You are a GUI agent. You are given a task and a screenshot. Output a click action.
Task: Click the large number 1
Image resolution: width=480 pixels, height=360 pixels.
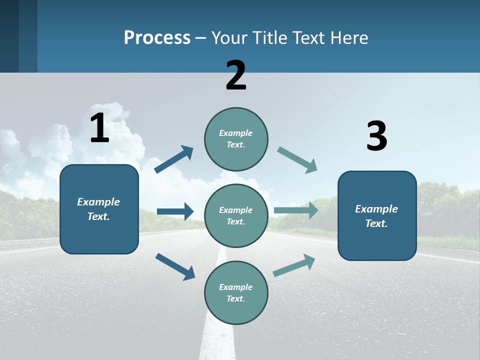(x=99, y=128)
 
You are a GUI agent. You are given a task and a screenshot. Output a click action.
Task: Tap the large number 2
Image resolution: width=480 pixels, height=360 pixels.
(x=236, y=75)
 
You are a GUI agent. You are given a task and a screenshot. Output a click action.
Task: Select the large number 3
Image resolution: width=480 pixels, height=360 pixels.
(x=376, y=136)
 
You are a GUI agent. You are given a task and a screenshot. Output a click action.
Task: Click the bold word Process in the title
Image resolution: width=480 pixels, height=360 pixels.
(x=157, y=38)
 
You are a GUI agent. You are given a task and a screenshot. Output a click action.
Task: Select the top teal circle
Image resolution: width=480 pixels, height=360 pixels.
(x=236, y=139)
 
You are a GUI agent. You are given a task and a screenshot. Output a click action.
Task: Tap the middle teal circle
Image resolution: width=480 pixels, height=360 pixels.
(x=236, y=216)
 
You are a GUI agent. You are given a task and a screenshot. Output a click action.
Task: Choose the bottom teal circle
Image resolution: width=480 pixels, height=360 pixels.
(x=236, y=293)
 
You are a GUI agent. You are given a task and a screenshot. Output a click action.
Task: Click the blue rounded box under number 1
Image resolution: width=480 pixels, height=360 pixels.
(x=99, y=209)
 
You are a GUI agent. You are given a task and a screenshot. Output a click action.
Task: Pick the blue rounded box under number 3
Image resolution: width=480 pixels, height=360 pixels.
(x=377, y=216)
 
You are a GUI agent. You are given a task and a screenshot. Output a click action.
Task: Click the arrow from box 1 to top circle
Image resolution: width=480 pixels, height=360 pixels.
(x=173, y=159)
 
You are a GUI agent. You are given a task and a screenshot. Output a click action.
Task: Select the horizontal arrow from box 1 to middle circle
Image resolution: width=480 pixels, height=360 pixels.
(x=175, y=211)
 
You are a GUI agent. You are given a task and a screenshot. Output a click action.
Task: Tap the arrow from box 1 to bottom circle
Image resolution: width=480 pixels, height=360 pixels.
(x=175, y=266)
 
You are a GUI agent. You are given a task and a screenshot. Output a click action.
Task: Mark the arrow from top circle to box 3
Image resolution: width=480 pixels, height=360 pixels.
(x=297, y=160)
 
